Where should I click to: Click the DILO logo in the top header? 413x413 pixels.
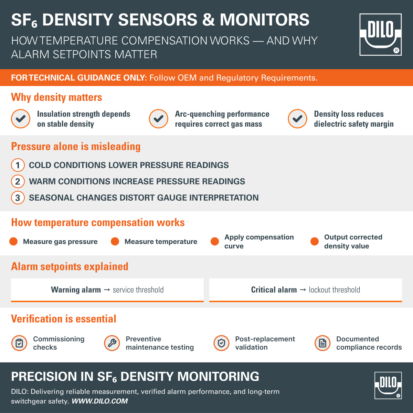click(x=380, y=34)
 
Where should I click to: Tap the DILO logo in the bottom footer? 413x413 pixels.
click(x=388, y=385)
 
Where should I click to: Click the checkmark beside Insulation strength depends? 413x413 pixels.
click(x=21, y=119)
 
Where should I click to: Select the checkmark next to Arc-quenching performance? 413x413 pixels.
click(x=158, y=119)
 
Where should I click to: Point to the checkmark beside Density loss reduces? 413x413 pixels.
click(x=297, y=119)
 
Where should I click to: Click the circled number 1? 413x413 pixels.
click(x=18, y=165)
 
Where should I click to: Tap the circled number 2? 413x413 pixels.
click(x=18, y=181)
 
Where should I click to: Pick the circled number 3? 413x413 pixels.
click(x=18, y=198)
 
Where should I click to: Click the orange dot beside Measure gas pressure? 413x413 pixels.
click(x=14, y=242)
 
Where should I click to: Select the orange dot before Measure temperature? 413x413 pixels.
click(x=115, y=242)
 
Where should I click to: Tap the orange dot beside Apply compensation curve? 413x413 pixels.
click(x=215, y=242)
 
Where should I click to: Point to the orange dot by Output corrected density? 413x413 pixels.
click(x=315, y=242)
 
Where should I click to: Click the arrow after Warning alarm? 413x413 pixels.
click(x=107, y=290)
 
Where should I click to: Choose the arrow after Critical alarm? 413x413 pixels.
click(x=303, y=290)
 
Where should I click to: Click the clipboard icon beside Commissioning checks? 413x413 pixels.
click(x=19, y=343)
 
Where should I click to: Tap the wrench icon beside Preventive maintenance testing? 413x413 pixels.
click(x=112, y=343)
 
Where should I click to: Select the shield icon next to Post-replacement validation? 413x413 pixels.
click(x=221, y=343)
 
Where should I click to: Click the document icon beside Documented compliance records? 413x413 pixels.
click(x=322, y=343)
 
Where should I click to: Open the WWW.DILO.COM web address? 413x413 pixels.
click(x=99, y=401)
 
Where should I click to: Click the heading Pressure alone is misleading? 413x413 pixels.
click(x=76, y=147)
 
